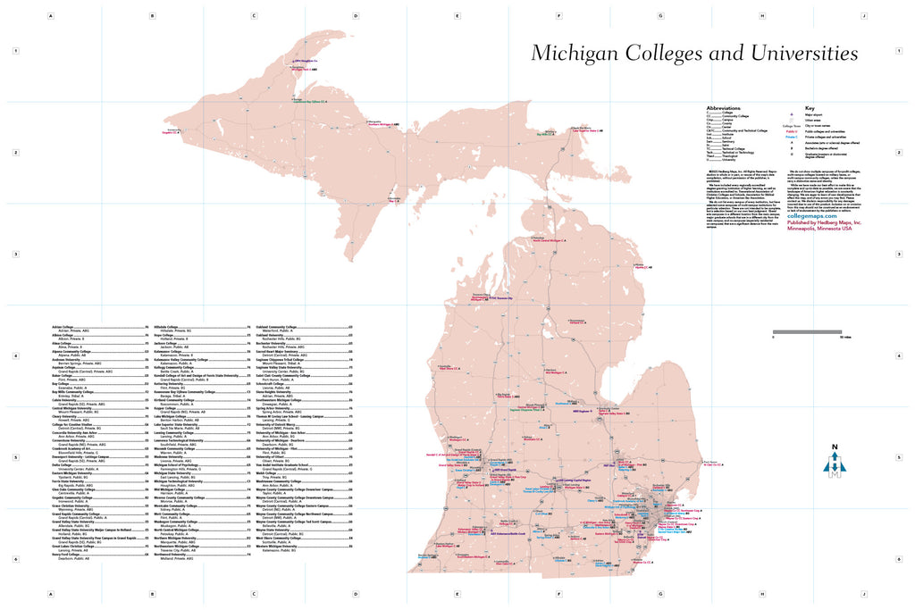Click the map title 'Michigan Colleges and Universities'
click(694, 53)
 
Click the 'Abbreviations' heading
click(723, 106)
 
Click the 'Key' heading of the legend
click(810, 106)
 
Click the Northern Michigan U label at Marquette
click(382, 125)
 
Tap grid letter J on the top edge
click(863, 15)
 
